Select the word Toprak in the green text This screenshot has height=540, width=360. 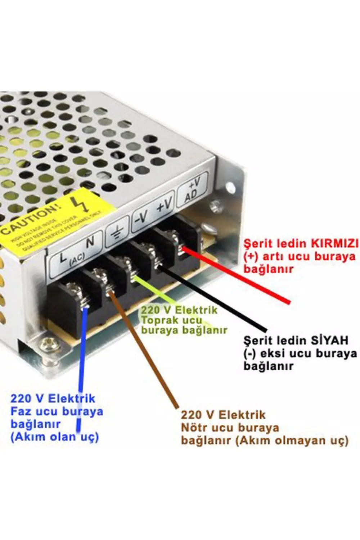[157, 320]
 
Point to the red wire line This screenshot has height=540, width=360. [238, 275]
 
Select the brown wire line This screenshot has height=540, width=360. [144, 349]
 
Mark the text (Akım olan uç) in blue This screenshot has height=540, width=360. [54, 437]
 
